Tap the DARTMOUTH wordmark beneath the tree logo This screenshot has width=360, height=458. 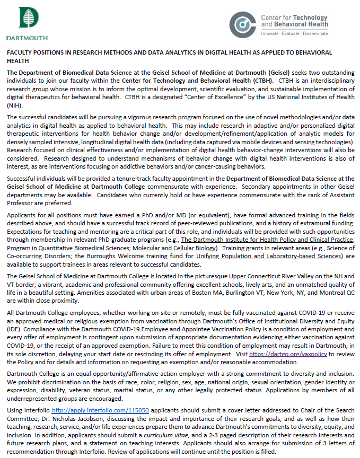[27, 38]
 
